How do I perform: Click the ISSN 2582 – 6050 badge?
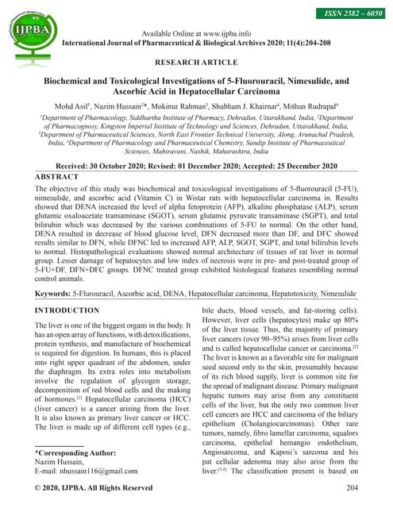pos(350,13)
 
